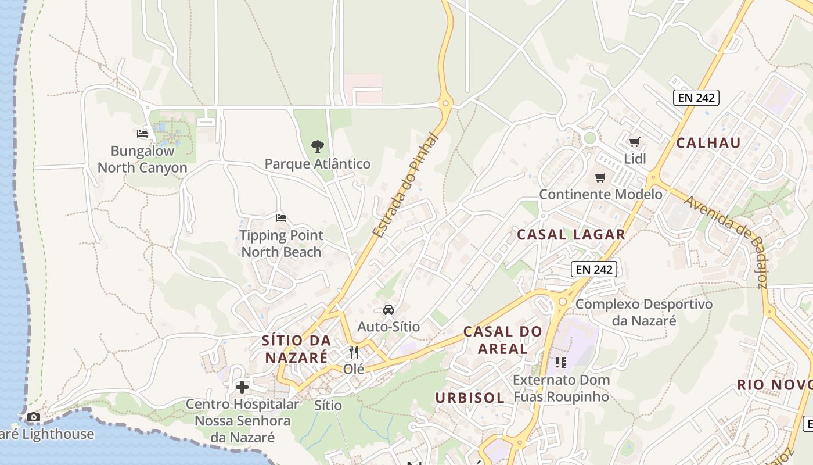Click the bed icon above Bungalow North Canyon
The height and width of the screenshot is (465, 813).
pos(142,134)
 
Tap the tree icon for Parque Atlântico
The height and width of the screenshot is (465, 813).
pos(317,146)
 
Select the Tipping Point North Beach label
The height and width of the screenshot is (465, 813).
pos(282,244)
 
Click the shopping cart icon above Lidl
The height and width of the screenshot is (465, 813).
pos(635,142)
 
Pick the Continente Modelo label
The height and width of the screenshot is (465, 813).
pos(600,194)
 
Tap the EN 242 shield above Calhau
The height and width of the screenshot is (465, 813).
pos(696,98)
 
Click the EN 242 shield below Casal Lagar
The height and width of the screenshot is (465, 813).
pos(593,269)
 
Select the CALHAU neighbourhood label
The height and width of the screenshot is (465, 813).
pos(708,143)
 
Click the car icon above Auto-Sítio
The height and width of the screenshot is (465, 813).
pos(388,310)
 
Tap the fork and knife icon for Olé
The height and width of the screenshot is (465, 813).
pos(354,352)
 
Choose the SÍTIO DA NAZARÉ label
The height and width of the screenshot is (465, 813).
pos(296,349)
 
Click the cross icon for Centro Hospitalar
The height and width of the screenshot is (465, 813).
pos(242,387)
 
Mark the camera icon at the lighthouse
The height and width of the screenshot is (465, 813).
pos(34,417)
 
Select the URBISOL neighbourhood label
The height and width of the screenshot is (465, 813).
pos(470,398)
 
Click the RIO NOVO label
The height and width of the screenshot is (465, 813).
pos(774,385)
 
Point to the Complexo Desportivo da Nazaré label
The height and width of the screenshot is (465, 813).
pos(644,312)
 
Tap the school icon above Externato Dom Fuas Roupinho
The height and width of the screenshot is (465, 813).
pos(560,363)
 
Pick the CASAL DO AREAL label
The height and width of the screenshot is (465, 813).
pos(503,340)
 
